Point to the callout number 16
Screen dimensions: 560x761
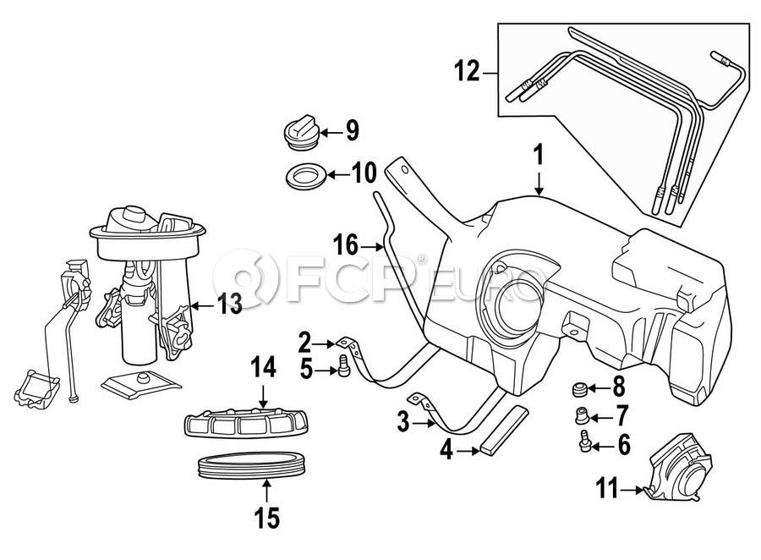(346, 246)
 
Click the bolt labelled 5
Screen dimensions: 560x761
(342, 365)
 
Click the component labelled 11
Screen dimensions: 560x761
(676, 467)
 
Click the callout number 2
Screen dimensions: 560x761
(305, 343)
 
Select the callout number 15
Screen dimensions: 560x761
(266, 516)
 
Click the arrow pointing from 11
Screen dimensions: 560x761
(632, 489)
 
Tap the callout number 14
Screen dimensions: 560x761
(263, 367)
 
